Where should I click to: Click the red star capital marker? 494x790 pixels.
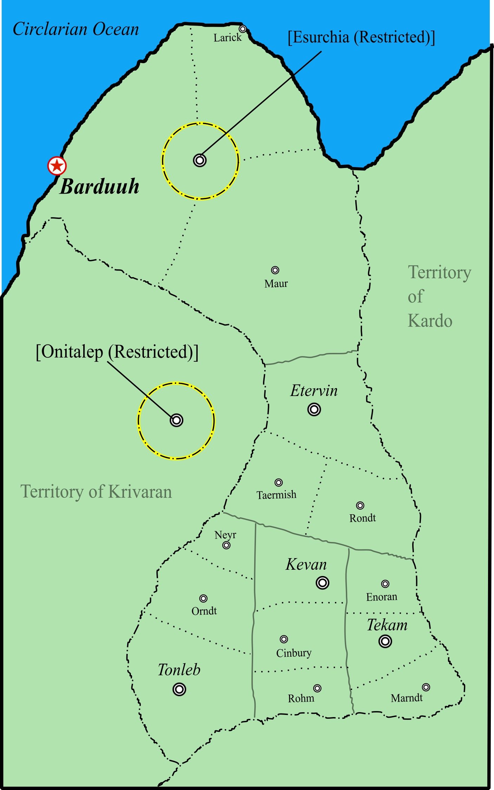coord(57,166)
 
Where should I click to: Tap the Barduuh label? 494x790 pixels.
coord(99,187)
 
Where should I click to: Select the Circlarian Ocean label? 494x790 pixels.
coord(76,29)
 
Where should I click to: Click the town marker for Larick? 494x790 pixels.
coord(242,29)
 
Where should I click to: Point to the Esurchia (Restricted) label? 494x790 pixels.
coord(361,37)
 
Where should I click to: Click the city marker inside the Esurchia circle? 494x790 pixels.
coord(200,160)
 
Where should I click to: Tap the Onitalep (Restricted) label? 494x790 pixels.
coord(117,352)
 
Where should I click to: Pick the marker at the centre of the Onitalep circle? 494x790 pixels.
coord(176,420)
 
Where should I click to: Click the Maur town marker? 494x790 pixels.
coord(275,270)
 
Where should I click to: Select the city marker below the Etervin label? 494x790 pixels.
coord(314,409)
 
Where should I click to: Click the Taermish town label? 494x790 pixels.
coord(276,495)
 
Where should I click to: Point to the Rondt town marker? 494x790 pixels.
coord(360,506)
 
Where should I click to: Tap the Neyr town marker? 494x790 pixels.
coord(226,545)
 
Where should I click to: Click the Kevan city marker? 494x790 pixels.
coord(322,583)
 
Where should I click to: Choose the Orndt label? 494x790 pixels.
coord(204,611)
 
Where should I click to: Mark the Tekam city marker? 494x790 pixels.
coord(385,641)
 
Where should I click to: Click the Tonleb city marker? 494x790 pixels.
coord(179,689)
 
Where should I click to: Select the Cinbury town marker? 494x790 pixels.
coord(284,639)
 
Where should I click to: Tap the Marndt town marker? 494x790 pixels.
coord(426,687)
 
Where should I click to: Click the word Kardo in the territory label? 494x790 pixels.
coord(430,321)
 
